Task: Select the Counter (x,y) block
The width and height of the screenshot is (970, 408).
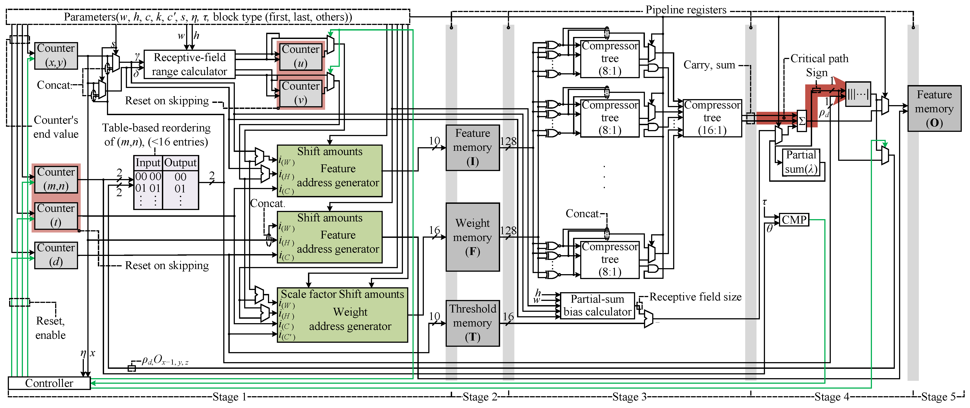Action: click(56, 55)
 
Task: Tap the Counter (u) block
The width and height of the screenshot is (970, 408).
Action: click(300, 56)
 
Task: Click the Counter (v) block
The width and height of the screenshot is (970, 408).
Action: click(300, 93)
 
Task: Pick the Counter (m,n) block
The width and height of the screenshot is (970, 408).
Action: click(56, 179)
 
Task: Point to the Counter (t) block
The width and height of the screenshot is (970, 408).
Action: click(56, 215)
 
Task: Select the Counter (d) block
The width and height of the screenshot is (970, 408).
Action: click(56, 255)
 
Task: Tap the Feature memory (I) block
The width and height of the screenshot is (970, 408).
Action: click(473, 147)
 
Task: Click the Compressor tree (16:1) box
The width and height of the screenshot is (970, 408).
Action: click(712, 118)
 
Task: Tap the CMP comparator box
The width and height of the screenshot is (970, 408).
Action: click(794, 219)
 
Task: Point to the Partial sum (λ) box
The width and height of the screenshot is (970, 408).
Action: click(801, 162)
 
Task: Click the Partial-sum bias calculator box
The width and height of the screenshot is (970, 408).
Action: click(597, 305)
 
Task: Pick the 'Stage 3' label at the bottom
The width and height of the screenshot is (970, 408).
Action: click(629, 397)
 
